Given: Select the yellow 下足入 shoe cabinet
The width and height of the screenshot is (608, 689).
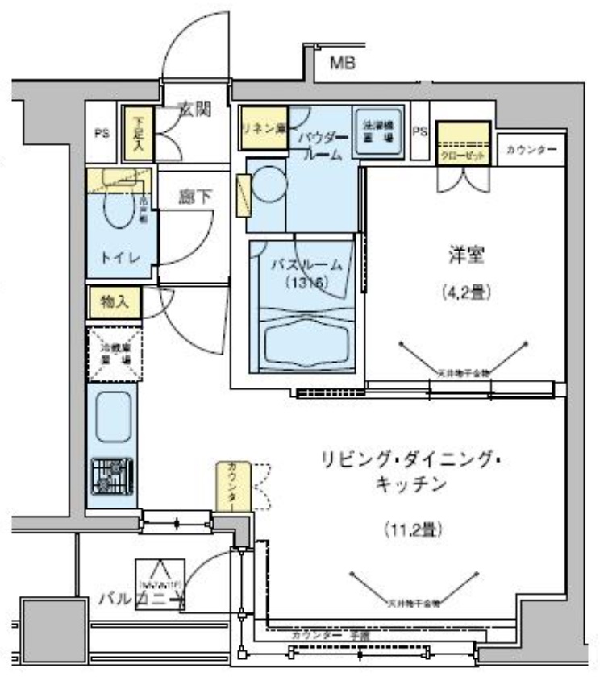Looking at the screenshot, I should coord(138,134).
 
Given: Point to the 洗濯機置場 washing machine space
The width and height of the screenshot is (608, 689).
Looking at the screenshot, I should coord(377,131).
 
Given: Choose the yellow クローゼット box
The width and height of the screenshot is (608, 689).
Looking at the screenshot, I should coord(463,143).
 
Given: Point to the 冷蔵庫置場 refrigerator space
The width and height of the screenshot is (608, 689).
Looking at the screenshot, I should coord(115,353).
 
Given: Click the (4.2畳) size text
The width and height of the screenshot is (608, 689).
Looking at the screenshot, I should coord(465,293).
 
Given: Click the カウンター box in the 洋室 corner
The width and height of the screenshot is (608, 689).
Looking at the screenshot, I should coord(531,151).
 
